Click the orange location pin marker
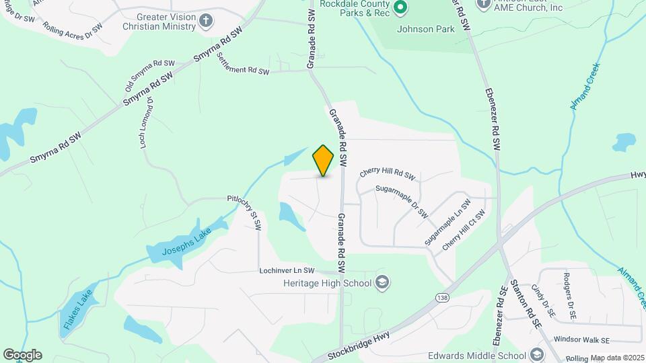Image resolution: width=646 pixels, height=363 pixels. [324, 160]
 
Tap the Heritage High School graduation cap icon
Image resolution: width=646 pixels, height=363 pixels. [383, 282]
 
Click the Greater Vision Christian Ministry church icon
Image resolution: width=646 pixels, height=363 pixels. [206, 21]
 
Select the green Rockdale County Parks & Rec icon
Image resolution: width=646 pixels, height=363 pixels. [400, 8]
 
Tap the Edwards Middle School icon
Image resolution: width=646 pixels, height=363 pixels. [536, 355]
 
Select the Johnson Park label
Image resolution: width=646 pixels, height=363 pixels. [425, 29]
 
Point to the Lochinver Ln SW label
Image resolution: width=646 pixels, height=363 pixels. [287, 271]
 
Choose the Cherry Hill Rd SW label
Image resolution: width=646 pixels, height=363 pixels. [388, 173]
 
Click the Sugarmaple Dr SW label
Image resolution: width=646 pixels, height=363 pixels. [402, 200]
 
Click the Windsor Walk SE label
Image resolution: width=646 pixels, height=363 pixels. [581, 339]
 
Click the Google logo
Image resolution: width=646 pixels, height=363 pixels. [22, 355]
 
